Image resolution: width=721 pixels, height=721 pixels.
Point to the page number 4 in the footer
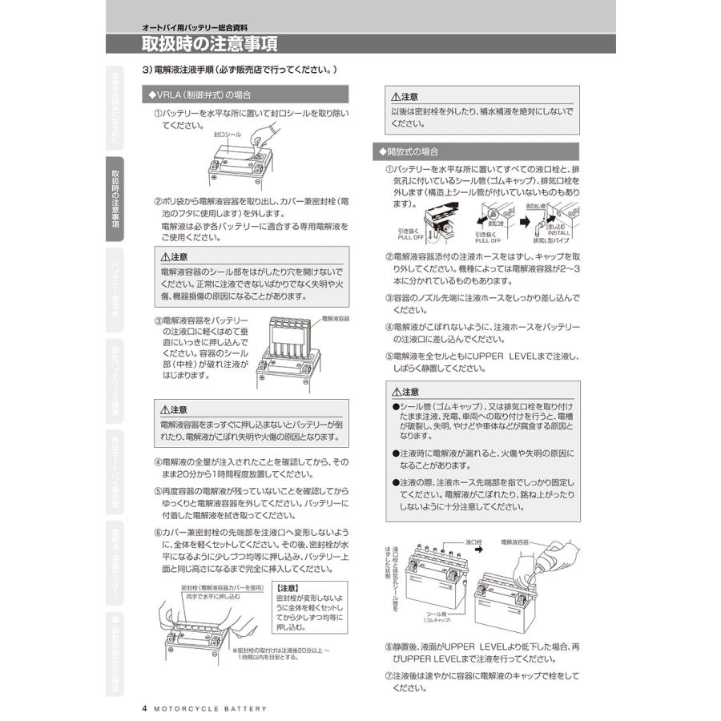click(x=144, y=708)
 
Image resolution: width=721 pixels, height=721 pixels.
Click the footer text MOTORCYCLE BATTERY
click(x=210, y=708)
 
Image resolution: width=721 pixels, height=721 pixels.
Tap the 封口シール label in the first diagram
click(x=227, y=136)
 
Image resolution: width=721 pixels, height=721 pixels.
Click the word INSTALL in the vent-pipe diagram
click(x=559, y=232)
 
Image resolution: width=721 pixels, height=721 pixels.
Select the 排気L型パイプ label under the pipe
click(x=551, y=240)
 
